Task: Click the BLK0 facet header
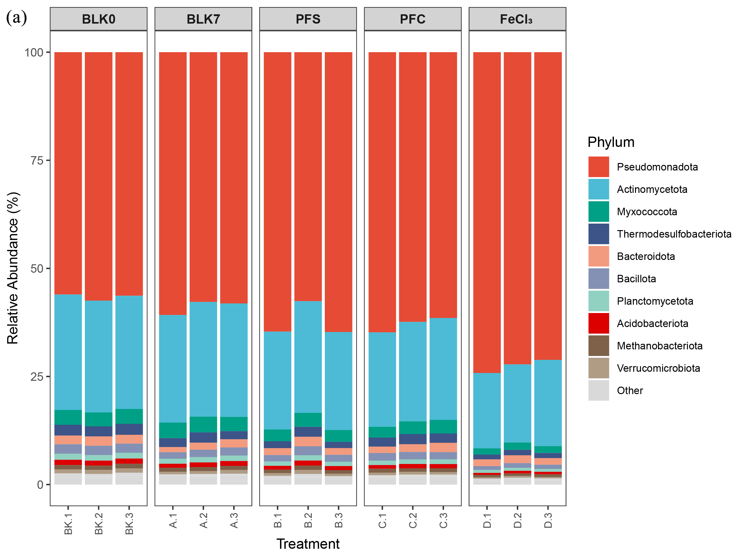pos(99,19)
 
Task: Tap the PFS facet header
pos(308,19)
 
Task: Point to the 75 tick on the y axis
pos(37,160)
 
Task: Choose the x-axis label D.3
pos(548,520)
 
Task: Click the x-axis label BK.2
pos(99,524)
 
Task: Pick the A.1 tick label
pos(173,520)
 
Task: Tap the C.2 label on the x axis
pos(413,520)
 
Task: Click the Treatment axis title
pos(308,544)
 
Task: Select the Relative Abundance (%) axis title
pos(13,268)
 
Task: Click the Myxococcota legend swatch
pos(599,211)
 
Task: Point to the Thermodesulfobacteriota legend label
pos(674,234)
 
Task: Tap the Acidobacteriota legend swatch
pos(599,324)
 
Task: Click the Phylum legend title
pos(611,142)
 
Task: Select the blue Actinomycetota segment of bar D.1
pos(487,411)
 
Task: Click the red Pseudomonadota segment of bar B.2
pos(308,177)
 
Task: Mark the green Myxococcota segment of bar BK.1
pos(68,417)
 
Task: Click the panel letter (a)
pos(16,17)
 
